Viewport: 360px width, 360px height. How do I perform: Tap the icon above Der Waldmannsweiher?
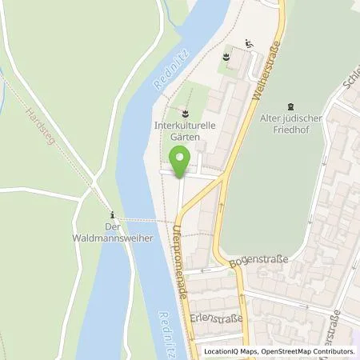coord(113,214)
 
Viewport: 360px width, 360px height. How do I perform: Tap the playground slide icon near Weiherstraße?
coord(249,45)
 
